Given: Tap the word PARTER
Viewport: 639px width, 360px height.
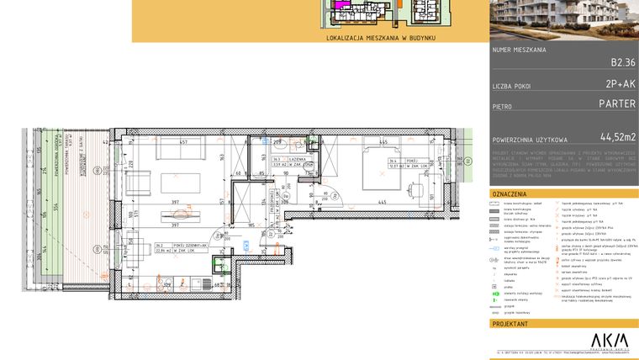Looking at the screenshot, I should click(x=616, y=105).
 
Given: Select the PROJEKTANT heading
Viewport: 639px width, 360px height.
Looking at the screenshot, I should click(x=512, y=323).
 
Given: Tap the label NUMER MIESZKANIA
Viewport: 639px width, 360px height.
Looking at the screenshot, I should click(x=519, y=50).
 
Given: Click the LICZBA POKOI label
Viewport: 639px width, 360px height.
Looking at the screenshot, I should click(x=513, y=87).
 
